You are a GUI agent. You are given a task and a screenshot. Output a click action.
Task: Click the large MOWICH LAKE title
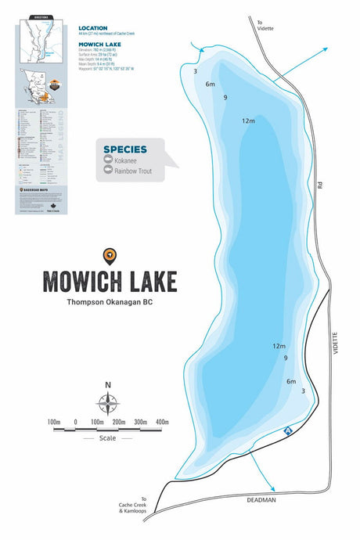tap(110, 280)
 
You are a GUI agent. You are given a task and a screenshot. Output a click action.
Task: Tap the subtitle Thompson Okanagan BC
tap(110, 302)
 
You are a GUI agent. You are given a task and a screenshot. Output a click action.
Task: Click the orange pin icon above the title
tap(110, 254)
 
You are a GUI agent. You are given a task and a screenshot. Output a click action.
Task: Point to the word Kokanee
tap(126, 160)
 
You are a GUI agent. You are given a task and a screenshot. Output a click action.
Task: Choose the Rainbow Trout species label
tap(133, 171)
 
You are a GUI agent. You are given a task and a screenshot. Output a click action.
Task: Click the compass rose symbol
tap(108, 404)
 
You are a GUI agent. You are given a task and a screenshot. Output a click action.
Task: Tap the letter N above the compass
tap(108, 385)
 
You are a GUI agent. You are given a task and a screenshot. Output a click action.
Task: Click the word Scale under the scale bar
tap(108, 438)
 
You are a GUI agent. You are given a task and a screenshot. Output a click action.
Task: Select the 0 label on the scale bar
tap(75, 423)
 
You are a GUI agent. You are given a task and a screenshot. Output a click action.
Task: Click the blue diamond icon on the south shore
tap(287, 430)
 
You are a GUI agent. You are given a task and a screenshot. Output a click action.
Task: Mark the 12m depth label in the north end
tap(249, 121)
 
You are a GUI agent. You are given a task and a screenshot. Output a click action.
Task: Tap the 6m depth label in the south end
tap(291, 381)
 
